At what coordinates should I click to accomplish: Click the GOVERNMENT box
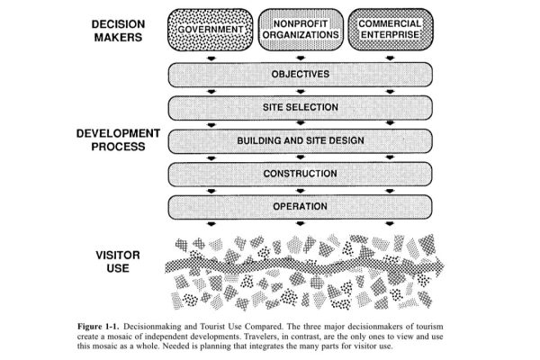coord(210,31)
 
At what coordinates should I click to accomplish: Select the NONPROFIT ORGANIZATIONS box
coord(300,31)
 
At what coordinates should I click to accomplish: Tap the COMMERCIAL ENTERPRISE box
coord(390,31)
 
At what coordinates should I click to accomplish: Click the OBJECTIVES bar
coord(300,74)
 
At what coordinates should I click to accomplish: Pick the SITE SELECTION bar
coord(300,108)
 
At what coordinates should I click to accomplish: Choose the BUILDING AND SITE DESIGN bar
coord(300,141)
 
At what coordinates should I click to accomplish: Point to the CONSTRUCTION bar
coord(300,174)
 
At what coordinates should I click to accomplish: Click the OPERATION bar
coord(300,207)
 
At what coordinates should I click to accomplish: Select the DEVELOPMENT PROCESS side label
coord(119,140)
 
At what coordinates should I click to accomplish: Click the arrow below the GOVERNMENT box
coord(210,58)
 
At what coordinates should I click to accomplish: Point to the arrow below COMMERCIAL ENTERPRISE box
coord(390,58)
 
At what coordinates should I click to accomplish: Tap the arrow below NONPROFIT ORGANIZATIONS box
coord(300,58)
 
